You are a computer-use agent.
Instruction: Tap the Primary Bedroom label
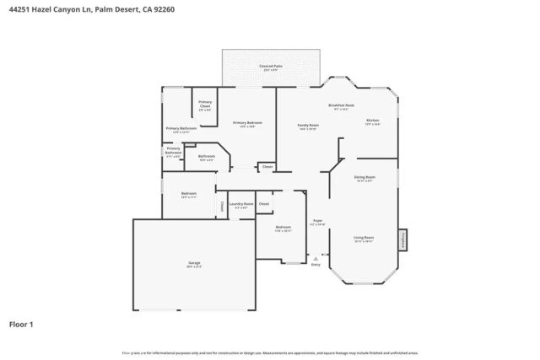click(x=244, y=123)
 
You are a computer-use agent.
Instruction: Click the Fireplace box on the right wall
click(x=402, y=240)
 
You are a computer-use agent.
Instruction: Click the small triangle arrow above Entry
click(x=316, y=258)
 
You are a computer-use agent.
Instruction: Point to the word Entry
click(x=316, y=265)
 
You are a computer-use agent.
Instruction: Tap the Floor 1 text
click(x=21, y=324)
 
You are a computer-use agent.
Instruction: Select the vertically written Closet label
click(x=222, y=205)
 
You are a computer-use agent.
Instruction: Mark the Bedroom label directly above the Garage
click(x=188, y=194)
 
